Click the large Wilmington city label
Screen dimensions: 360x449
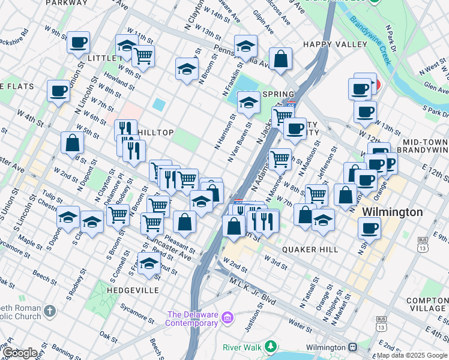392,212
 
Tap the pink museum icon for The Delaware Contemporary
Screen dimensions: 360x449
227,317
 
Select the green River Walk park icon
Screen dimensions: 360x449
271,346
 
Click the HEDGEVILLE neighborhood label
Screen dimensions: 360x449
124,290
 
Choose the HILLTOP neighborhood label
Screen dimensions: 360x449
156,133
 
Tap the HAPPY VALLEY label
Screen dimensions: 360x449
335,44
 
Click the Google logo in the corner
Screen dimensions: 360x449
20,353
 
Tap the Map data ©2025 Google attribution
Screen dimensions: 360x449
412,355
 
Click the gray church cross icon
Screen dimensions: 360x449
50,311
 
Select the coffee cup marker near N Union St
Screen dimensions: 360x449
78,43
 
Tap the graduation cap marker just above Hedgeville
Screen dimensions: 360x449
149,263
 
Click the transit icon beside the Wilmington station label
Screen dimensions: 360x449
352,347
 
